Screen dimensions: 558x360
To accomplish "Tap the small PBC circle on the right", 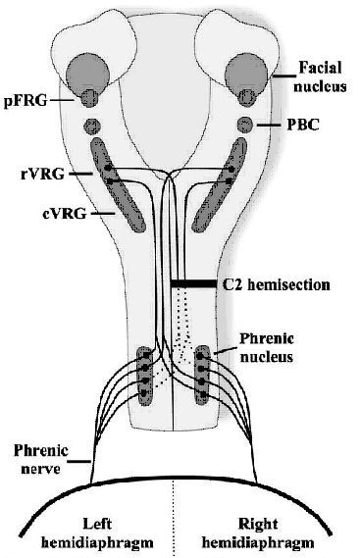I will [245, 126].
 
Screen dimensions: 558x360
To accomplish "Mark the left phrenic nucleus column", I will [144, 374].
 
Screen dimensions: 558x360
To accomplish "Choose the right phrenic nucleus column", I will [203, 374].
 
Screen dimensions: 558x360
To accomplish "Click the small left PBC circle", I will [92, 126].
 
